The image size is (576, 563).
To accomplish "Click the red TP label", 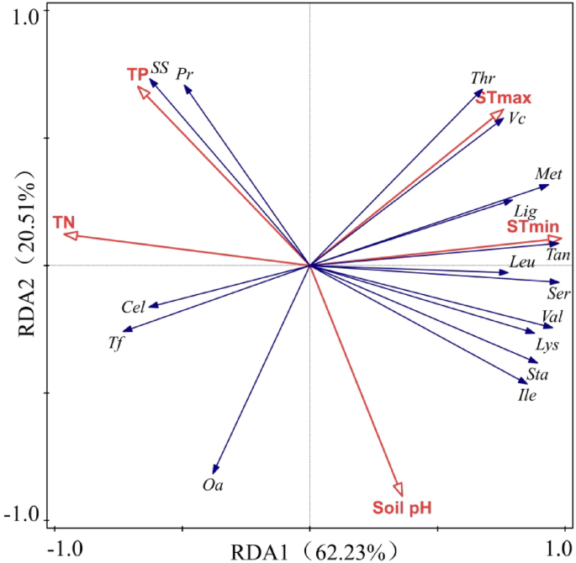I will tap(137, 75).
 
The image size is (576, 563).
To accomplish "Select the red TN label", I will tap(64, 222).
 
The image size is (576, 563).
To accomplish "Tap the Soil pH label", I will tap(402, 508).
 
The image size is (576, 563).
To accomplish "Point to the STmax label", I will tap(503, 98).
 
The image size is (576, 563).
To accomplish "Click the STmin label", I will tap(533, 228).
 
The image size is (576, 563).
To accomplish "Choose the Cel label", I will tap(133, 308).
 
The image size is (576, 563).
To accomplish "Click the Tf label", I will tap(116, 342).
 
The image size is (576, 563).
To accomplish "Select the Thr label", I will tap(483, 78).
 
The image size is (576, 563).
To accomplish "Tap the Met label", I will tap(548, 174).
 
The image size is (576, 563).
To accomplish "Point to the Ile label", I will tap(527, 395).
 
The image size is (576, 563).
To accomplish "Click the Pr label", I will tap(185, 74).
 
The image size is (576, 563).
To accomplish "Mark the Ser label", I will tap(558, 294).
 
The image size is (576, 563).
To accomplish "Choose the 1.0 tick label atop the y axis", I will tap(25, 18).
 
